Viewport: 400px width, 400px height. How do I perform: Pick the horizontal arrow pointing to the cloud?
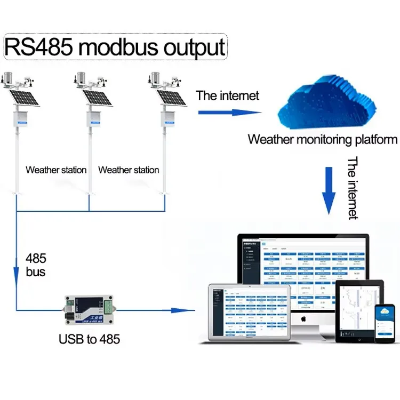[229, 112]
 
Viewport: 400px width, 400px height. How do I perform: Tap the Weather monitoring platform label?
[322, 140]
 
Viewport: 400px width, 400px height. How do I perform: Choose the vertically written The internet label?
[353, 188]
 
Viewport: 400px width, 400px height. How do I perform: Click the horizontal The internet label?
[227, 95]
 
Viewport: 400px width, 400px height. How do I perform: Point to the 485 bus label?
[36, 265]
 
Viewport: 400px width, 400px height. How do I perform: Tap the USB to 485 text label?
[89, 339]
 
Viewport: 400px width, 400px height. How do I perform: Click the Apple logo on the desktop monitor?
[302, 318]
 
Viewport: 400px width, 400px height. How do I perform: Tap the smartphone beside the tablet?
[384, 324]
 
